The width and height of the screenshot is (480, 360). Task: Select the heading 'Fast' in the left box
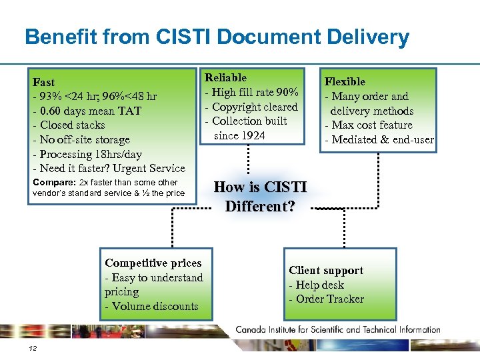pos(44,82)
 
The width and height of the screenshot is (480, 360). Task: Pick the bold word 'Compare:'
pos(54,182)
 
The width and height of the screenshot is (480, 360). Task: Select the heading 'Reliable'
pos(225,78)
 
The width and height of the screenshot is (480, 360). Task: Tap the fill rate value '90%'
pos(287,92)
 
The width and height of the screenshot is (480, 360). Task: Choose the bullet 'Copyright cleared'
pos(254,107)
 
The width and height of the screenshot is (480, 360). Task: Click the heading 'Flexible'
pos(345,81)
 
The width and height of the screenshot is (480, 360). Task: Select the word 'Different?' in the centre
pos(259,206)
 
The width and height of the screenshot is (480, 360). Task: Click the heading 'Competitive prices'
pos(153,263)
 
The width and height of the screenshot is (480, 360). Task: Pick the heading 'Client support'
pos(326,270)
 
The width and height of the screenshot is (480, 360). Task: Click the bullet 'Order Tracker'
pos(329,299)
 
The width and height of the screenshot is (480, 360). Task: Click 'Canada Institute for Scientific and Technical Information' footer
pos(338,329)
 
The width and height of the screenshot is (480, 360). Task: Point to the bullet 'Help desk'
pos(319,285)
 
